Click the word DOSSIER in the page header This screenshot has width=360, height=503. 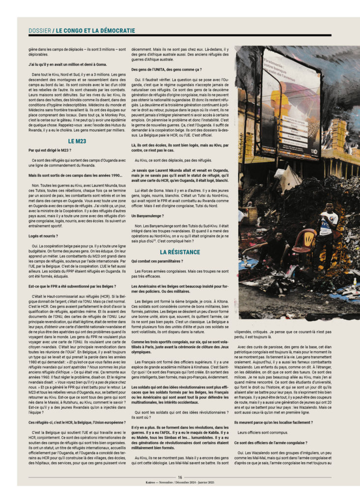tap(39, 30)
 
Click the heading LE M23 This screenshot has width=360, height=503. tap(77, 140)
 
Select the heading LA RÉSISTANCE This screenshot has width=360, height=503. tap(180, 252)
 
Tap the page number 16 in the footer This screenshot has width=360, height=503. tap(180, 477)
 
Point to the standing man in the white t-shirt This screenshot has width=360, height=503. tap(326, 231)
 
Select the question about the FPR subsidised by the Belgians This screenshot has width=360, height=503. tap(72, 286)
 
